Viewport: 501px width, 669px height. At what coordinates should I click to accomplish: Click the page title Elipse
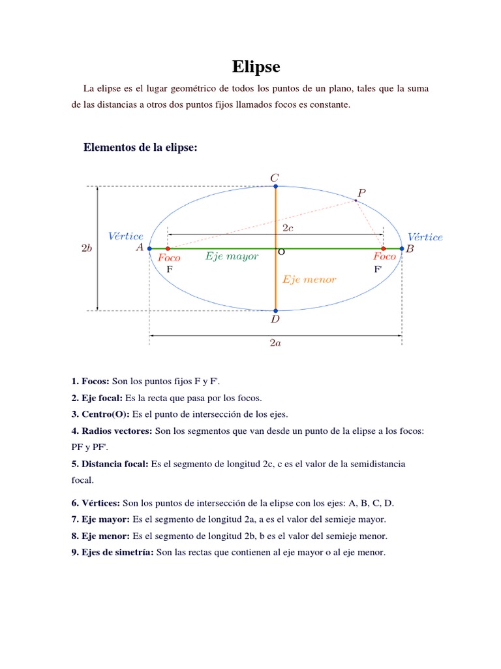point(256,67)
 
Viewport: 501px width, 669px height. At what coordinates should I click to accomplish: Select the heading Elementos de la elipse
point(140,148)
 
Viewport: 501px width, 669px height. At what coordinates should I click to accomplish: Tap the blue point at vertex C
point(276,186)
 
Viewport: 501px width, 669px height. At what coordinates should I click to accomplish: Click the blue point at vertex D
point(276,311)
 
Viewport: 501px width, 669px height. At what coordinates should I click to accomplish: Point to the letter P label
point(361,193)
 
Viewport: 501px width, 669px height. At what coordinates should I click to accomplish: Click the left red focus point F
point(168,249)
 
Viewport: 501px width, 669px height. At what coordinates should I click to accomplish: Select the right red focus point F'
point(383,249)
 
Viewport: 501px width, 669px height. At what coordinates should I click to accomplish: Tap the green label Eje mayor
point(232,257)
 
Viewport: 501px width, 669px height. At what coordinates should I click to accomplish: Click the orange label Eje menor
point(309,280)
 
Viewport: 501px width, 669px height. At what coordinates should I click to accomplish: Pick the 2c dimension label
point(288,227)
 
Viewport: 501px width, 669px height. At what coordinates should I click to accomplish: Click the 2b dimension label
point(87,248)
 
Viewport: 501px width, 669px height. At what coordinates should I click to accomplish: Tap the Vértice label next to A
point(126,236)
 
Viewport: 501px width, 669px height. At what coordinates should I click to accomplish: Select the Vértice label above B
point(425,237)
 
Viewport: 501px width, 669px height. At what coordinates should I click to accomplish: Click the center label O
point(282,252)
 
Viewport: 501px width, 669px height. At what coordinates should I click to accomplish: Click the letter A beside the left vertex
point(140,248)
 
